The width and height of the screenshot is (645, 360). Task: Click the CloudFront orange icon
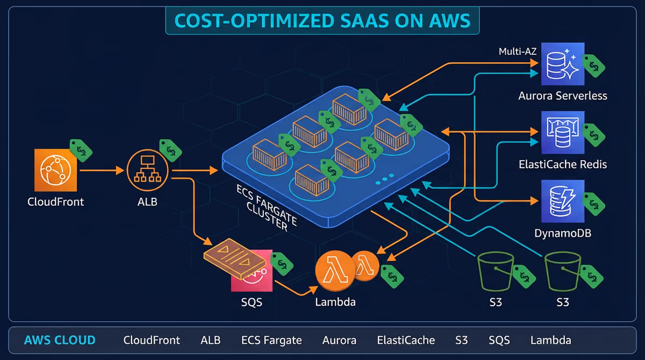coord(55,170)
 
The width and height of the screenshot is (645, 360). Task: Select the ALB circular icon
coord(147,170)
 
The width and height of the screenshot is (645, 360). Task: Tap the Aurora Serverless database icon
coord(563,64)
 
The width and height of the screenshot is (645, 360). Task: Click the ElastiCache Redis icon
coord(563,132)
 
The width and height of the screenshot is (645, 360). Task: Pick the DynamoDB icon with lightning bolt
coord(563,201)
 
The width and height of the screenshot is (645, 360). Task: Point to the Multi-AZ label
coord(518,52)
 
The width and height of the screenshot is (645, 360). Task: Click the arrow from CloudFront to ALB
coord(102,170)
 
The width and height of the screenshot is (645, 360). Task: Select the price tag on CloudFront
coord(81,150)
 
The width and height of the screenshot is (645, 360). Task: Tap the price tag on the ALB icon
coord(170,150)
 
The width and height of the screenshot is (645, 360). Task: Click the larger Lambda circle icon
coord(335,270)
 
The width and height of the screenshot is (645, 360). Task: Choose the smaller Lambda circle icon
coord(365,265)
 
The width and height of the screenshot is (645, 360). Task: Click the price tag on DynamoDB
coord(594,204)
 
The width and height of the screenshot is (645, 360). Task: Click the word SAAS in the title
coord(364,21)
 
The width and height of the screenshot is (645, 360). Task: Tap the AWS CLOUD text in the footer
coord(60,340)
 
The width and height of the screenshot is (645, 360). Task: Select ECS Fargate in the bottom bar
coord(271,341)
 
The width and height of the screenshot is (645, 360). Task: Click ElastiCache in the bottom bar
coord(406,340)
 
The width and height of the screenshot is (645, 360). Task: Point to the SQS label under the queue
coord(252,302)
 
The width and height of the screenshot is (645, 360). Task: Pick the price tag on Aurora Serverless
coord(594,66)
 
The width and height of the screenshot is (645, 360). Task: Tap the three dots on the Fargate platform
coord(385,179)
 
